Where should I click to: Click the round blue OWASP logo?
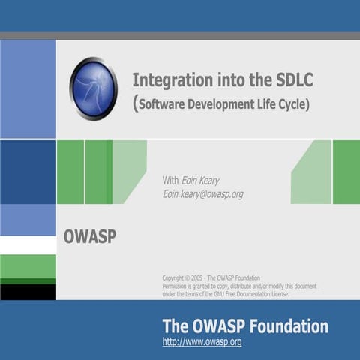pos(94,88)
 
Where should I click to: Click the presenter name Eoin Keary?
pos(200,180)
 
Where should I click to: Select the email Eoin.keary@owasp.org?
pos(202,193)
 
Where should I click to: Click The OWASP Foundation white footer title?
pos(245,326)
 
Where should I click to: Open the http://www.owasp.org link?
pos(202,342)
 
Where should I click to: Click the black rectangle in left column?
pos(28,292)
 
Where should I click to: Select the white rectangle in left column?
pos(28,245)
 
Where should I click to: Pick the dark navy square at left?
pos(28,172)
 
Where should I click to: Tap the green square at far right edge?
pos(346,172)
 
